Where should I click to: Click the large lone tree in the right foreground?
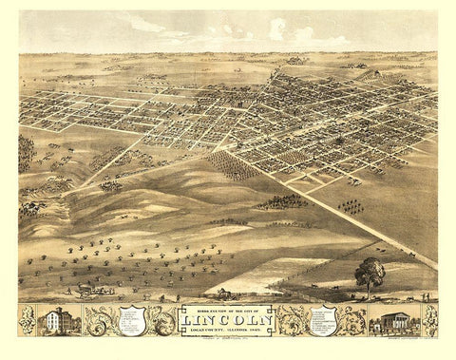pyautogui.click(x=370, y=275)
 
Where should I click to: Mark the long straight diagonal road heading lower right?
pyautogui.click(x=323, y=204)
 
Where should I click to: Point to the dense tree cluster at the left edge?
pyautogui.click(x=26, y=152)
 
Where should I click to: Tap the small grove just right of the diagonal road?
pyautogui.click(x=352, y=206)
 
